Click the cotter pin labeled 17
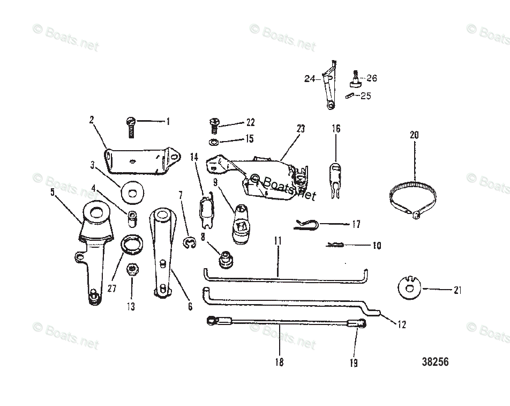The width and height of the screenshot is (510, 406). pyautogui.click(x=306, y=225)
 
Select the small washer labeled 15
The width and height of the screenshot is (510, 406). pyautogui.click(x=213, y=142)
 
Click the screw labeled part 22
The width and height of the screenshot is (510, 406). pyautogui.click(x=213, y=126)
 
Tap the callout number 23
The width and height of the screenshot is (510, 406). pyautogui.click(x=300, y=129)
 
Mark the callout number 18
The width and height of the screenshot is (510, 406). pyautogui.click(x=279, y=363)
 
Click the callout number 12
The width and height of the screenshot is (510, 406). pyautogui.click(x=402, y=324)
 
